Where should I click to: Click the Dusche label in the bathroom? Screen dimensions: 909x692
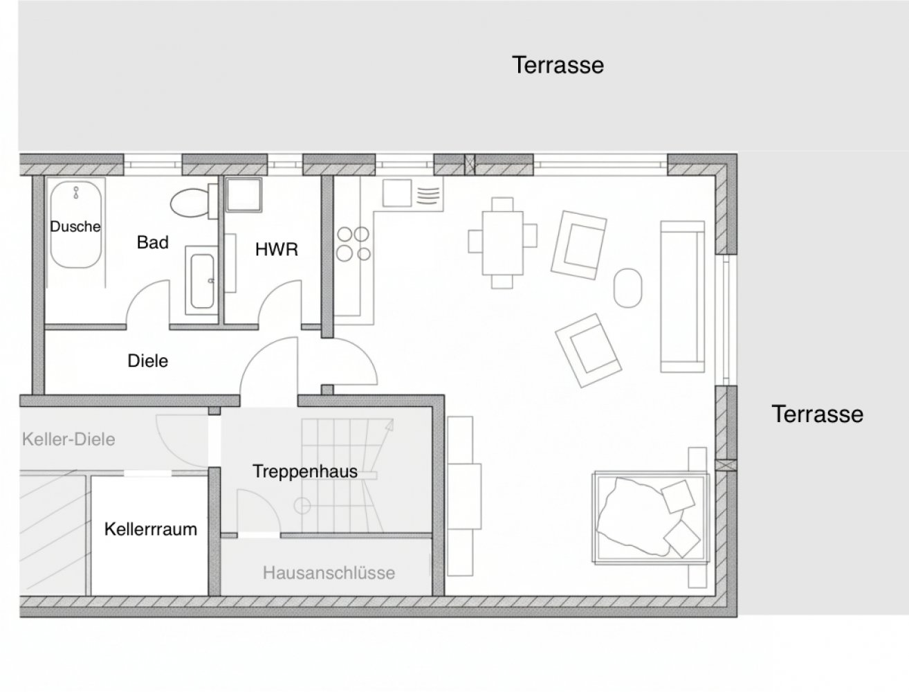[75, 226]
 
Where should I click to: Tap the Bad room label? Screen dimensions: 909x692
[153, 242]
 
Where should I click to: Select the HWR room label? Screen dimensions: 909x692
[277, 249]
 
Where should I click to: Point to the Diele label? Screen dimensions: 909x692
[148, 361]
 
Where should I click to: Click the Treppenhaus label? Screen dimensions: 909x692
[305, 471]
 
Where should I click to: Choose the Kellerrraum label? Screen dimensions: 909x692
[151, 529]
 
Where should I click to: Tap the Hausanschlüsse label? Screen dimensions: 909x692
[329, 573]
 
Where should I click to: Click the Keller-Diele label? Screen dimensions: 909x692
[68, 439]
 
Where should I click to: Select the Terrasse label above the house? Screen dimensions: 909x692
[558, 65]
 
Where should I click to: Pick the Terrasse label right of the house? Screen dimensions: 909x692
[818, 414]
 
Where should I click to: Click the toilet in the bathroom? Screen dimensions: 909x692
[194, 203]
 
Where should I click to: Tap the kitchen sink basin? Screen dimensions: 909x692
[396, 193]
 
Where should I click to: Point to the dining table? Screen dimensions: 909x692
[502, 243]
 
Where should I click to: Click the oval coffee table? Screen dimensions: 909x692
[628, 288]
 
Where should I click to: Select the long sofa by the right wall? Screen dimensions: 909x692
[683, 296]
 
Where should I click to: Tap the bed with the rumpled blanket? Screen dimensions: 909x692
[651, 518]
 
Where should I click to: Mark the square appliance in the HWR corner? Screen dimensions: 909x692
[244, 195]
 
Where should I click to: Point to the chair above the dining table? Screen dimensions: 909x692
[502, 205]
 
